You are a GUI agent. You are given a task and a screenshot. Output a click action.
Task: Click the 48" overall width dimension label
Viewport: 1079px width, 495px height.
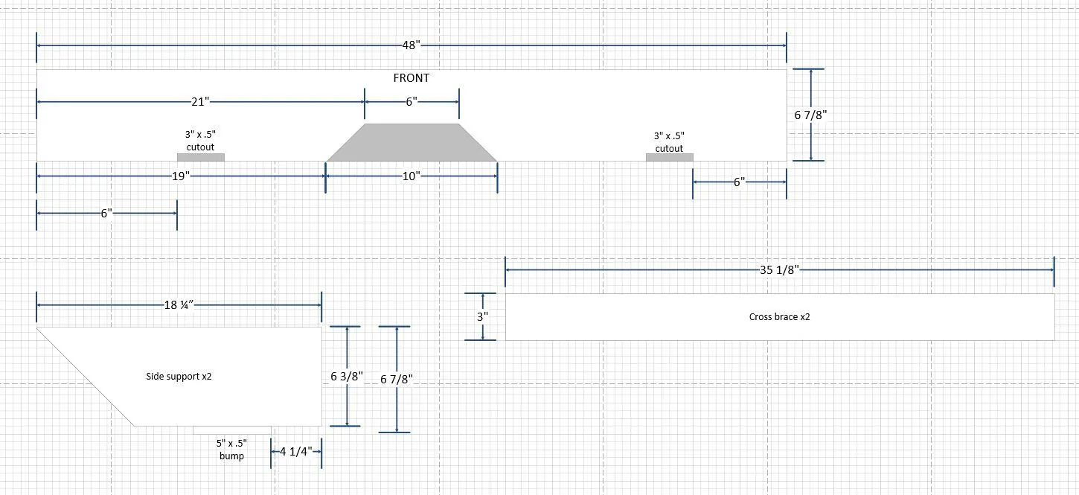click(412, 45)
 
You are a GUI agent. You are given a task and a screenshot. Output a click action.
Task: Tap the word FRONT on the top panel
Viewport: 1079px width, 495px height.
click(412, 78)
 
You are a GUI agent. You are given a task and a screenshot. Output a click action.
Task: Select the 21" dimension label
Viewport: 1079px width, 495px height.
click(200, 102)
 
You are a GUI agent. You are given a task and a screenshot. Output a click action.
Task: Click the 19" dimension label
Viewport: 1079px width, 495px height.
click(181, 176)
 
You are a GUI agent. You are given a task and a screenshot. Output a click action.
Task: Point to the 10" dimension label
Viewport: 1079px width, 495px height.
click(412, 176)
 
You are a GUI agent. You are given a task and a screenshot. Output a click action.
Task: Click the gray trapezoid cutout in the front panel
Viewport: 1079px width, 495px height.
click(412, 143)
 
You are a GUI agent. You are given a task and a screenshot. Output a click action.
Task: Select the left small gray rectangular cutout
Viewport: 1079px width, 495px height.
click(201, 158)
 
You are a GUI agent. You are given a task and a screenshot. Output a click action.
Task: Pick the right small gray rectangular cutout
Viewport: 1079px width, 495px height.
click(670, 158)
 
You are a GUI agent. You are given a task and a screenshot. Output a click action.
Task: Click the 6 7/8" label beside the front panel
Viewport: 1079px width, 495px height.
click(810, 115)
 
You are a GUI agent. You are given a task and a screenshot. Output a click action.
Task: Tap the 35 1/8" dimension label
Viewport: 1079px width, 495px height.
click(779, 270)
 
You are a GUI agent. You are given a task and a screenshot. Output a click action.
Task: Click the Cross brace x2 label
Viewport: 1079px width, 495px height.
click(779, 317)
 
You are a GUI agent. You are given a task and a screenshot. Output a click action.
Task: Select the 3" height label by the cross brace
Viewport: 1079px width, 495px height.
click(483, 316)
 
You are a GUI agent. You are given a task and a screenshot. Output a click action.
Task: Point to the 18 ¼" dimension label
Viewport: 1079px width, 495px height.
click(179, 305)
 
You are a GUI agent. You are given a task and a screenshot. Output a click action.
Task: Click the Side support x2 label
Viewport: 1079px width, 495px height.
click(179, 377)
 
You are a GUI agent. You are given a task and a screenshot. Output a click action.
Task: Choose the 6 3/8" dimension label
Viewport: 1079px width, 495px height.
click(347, 377)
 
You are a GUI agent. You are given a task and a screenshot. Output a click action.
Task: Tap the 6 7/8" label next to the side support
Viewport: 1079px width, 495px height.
click(397, 380)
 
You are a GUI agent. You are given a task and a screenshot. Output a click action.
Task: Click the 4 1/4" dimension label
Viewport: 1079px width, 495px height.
click(296, 452)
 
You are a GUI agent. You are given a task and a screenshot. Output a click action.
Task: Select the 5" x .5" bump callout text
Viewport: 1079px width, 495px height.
click(231, 450)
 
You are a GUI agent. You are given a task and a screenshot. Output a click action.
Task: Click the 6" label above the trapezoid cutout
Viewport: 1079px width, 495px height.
click(412, 102)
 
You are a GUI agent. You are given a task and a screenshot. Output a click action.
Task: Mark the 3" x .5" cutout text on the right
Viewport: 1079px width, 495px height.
click(669, 142)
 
